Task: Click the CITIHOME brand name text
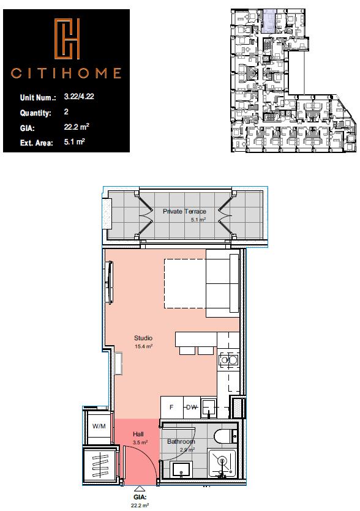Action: tap(66, 73)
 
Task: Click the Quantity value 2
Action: tap(66, 113)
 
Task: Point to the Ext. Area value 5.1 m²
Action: tap(74, 143)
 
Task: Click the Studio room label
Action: tap(143, 338)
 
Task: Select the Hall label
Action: tap(138, 434)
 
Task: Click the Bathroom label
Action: tap(181, 442)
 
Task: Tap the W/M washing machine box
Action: tap(98, 426)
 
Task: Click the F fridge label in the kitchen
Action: tap(171, 407)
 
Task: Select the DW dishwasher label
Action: tap(192, 407)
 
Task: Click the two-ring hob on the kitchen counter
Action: tap(228, 360)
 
